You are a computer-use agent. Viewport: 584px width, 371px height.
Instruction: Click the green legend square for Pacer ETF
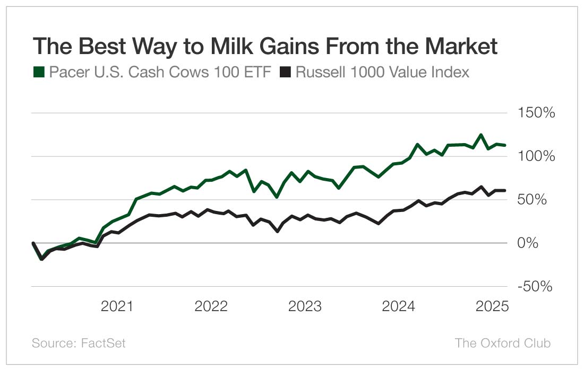(x=39, y=73)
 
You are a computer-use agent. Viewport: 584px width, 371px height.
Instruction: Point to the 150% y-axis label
(x=533, y=113)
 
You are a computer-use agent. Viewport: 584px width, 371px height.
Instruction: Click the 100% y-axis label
(x=533, y=156)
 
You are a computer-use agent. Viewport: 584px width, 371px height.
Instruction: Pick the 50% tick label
(x=536, y=200)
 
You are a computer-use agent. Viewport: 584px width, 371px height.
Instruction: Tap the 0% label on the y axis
(x=539, y=243)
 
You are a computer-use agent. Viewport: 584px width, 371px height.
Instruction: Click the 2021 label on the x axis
(x=117, y=306)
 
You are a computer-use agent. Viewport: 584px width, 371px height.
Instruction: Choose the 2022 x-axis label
(x=211, y=306)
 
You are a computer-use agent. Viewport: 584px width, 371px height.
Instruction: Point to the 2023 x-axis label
(x=305, y=306)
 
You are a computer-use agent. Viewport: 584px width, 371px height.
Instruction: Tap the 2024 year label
(x=399, y=306)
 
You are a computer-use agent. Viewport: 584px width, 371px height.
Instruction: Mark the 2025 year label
(x=492, y=306)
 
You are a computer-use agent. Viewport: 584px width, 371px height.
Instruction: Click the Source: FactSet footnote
(x=79, y=343)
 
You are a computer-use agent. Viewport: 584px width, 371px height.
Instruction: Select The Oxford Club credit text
(x=503, y=343)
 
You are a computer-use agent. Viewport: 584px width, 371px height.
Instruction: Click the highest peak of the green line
(x=481, y=135)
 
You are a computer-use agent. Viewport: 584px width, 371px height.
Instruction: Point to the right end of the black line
(x=504, y=190)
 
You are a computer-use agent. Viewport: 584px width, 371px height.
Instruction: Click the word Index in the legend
(x=451, y=73)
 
